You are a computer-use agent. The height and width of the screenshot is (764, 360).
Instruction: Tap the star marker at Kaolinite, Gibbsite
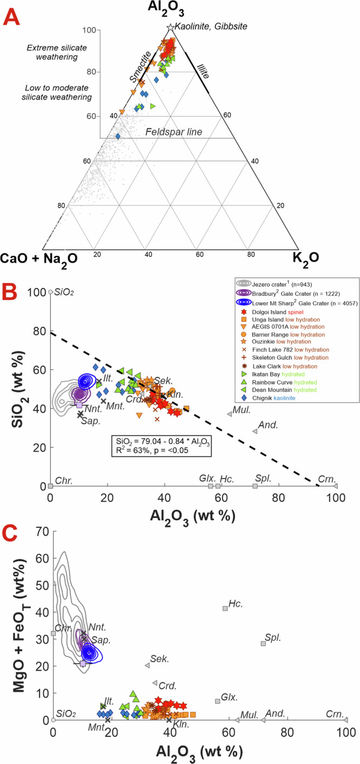(171, 26)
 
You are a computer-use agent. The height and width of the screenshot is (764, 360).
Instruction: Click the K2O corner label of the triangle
(306, 257)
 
